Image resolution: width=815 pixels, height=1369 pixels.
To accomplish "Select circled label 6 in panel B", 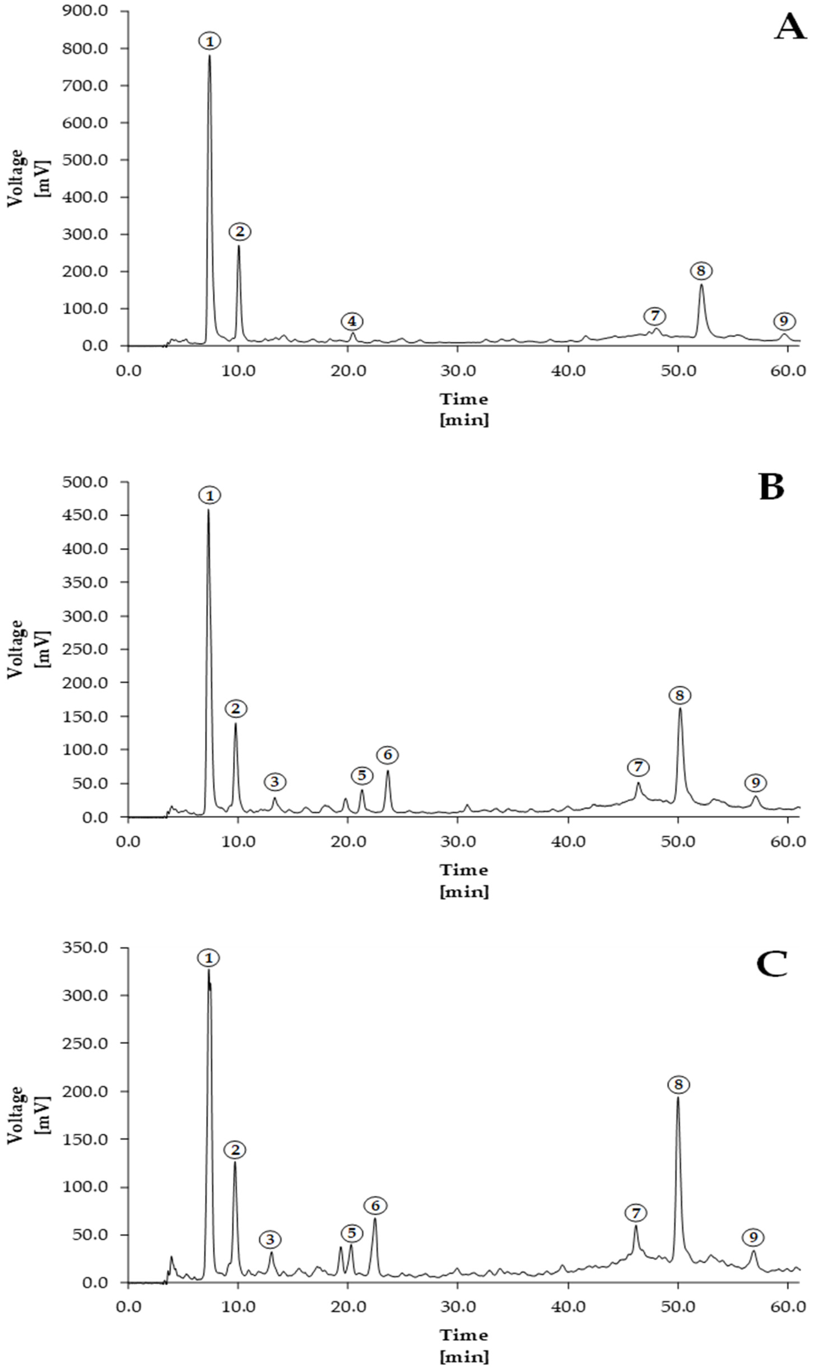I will pos(387,755).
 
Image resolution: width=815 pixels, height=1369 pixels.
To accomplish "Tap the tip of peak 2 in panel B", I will pos(236,723).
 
